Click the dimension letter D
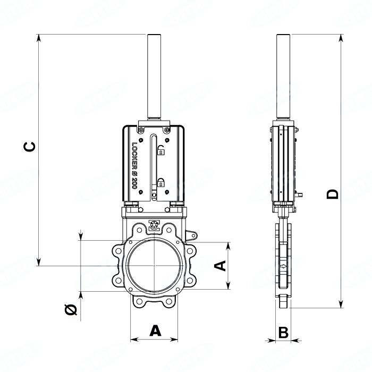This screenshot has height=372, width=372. (333, 194)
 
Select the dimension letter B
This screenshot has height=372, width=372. (283, 333)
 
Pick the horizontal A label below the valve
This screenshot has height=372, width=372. (155, 331)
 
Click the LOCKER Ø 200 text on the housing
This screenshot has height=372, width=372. (134, 165)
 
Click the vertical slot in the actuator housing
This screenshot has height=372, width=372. (153, 167)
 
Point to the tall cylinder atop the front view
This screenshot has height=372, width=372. (154, 77)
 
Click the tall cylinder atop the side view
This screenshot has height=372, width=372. (283, 77)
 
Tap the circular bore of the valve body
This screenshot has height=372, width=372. (154, 265)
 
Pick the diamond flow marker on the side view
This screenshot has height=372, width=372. (284, 265)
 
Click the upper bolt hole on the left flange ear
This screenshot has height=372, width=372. (117, 250)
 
